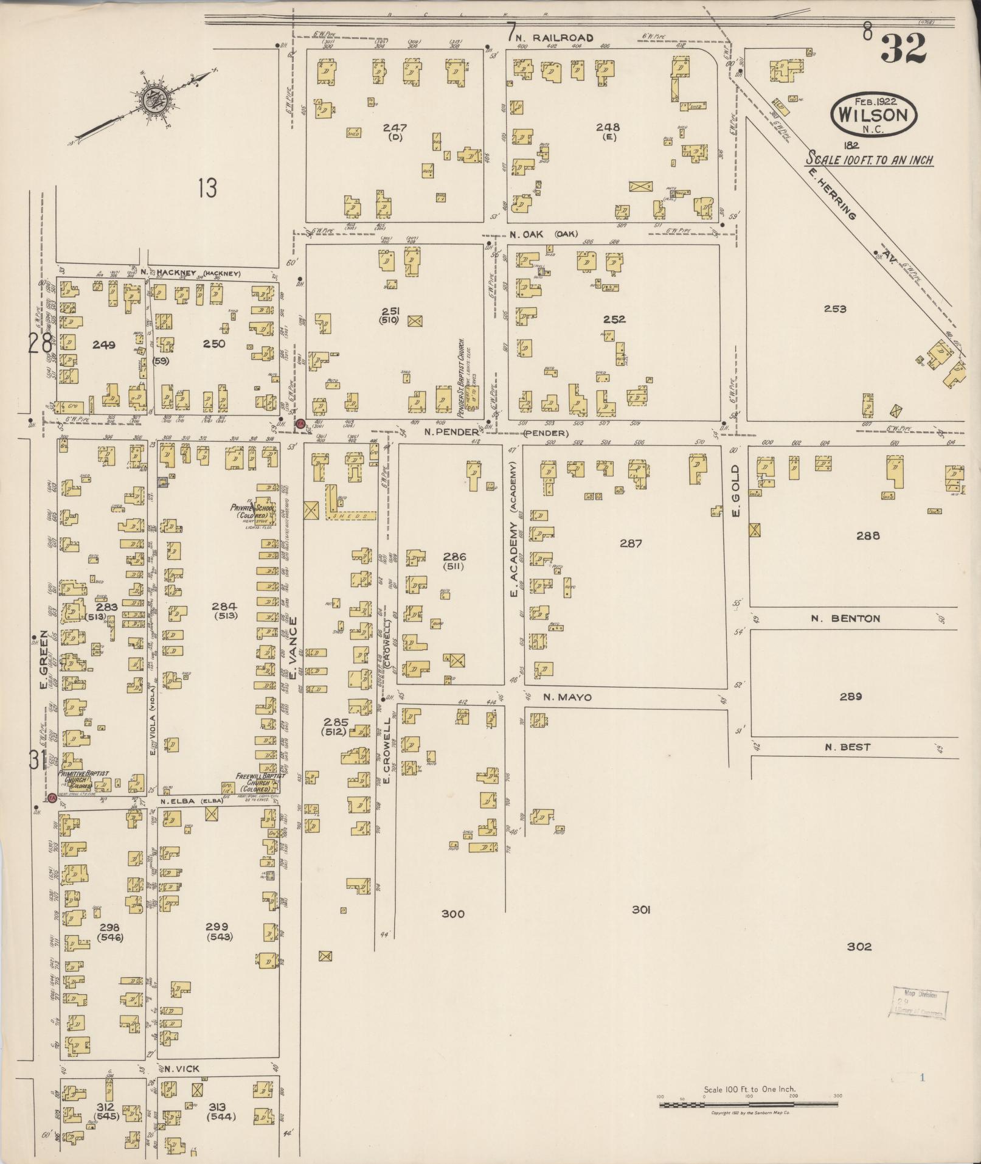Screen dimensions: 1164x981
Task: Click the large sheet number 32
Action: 903,49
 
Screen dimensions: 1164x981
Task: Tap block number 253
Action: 834,309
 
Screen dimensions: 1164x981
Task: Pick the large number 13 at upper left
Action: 207,189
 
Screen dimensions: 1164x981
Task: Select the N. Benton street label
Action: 845,619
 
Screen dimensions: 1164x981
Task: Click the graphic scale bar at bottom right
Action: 749,1104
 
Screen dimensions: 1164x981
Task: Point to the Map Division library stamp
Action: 920,1003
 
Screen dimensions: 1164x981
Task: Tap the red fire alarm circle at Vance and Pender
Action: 300,423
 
